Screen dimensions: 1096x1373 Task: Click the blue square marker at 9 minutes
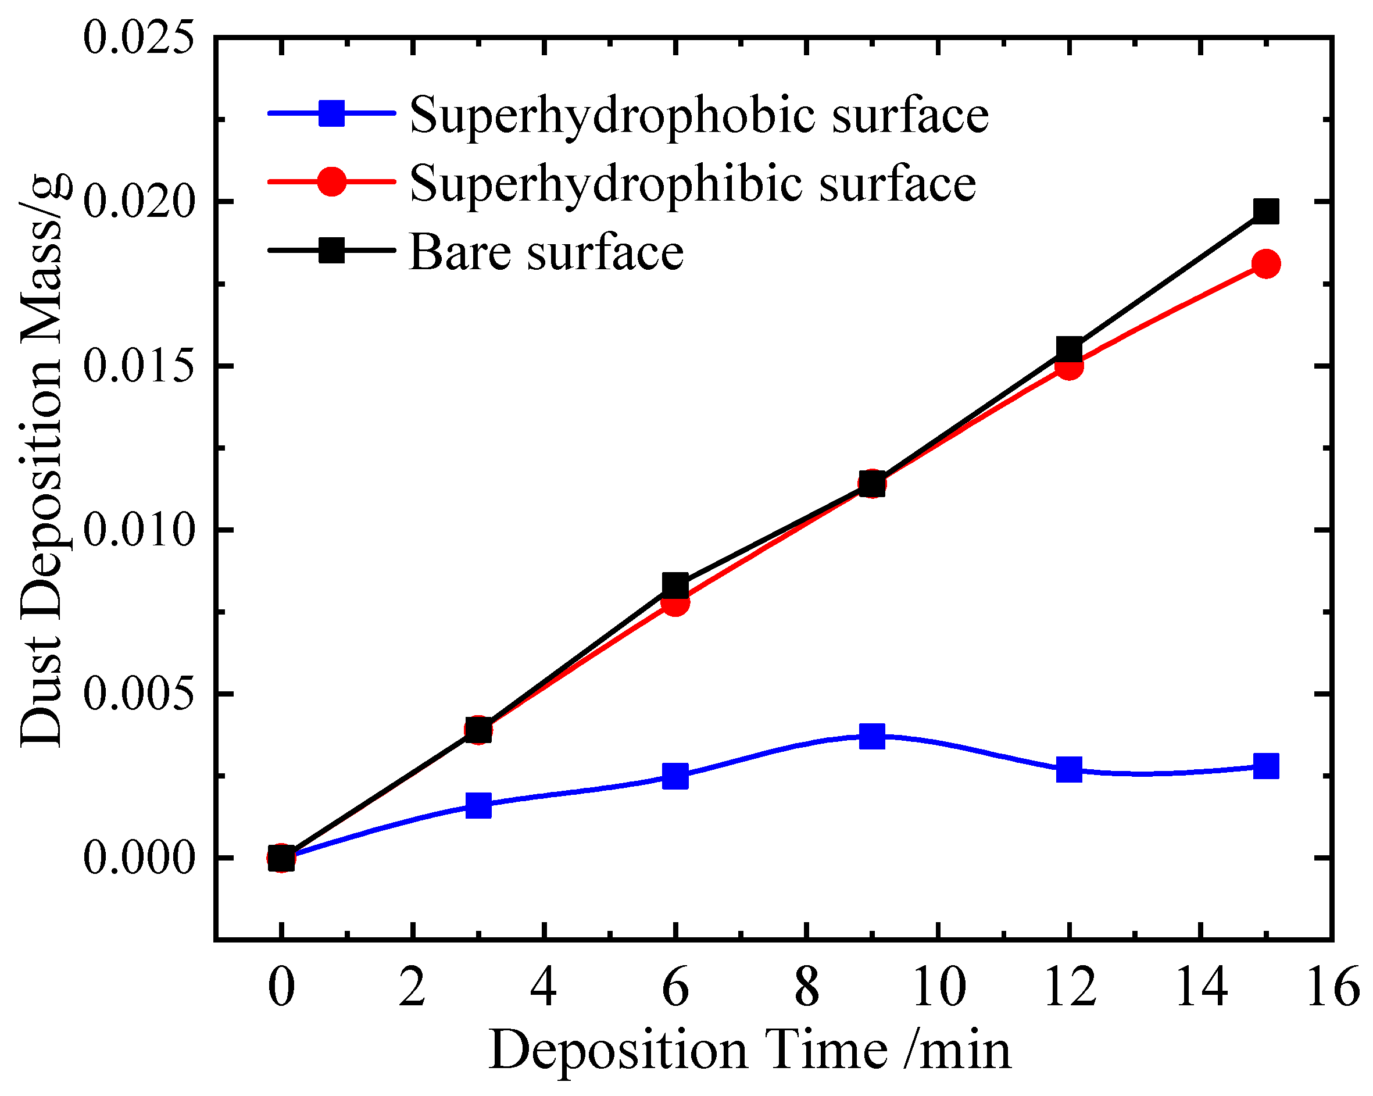[x=872, y=736]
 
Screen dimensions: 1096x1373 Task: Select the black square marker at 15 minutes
[x=1266, y=211]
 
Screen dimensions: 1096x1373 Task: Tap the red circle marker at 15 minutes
[x=1266, y=263]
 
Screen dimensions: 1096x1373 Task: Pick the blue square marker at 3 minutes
[x=478, y=806]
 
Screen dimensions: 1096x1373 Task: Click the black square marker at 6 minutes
[x=675, y=584]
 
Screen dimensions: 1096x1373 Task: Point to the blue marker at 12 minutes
[x=1069, y=769]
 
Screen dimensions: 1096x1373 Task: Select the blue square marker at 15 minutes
[x=1266, y=766]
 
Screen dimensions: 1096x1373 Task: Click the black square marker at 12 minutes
[x=1069, y=349]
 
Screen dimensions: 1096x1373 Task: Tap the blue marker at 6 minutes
[x=675, y=776]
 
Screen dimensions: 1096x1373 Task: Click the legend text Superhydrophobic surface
[x=699, y=116]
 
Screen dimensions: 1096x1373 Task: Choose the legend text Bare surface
[x=546, y=253]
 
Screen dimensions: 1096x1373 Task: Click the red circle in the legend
[x=331, y=181]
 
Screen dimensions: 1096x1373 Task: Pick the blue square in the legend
[x=331, y=113]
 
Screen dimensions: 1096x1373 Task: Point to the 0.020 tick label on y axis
[x=138, y=202]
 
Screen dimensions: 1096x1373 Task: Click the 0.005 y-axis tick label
[x=138, y=694]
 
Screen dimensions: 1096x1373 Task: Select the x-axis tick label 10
[x=939, y=988]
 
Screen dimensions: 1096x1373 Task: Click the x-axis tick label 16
[x=1332, y=988]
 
